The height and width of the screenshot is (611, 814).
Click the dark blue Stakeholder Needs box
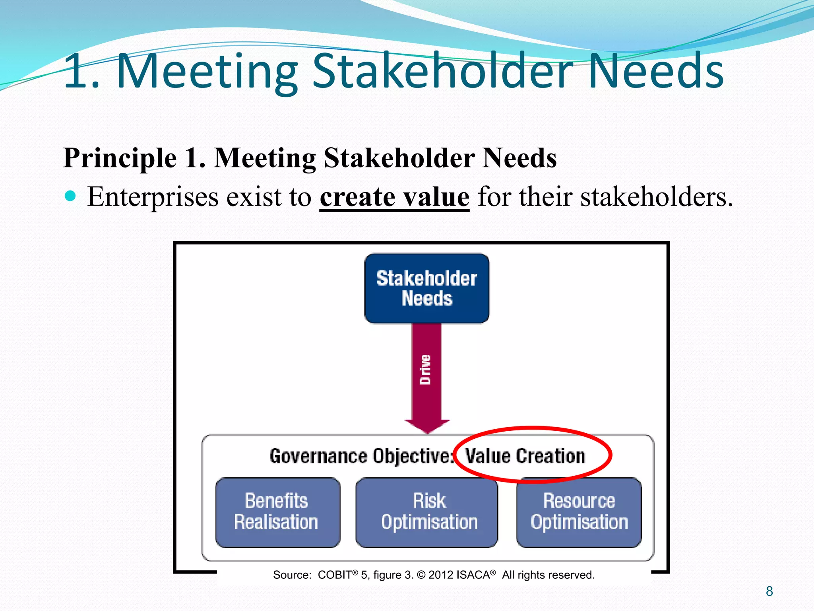(x=427, y=288)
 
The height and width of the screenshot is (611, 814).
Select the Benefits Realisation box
(x=277, y=512)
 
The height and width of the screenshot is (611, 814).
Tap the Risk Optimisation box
(x=427, y=512)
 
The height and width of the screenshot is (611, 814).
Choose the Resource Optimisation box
(x=579, y=512)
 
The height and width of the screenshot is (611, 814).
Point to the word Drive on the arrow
(x=425, y=370)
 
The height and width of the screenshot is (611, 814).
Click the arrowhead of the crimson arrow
(x=427, y=426)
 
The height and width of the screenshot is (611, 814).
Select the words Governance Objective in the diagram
(x=360, y=456)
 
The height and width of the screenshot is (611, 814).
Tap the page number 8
(x=769, y=591)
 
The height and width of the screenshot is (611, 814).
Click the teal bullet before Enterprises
(x=70, y=196)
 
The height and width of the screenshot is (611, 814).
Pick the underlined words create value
(x=394, y=197)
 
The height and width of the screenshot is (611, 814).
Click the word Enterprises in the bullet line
(x=153, y=197)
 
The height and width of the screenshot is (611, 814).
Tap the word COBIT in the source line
(x=335, y=575)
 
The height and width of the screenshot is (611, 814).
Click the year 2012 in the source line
(x=441, y=575)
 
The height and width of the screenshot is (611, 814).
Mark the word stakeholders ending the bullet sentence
(x=654, y=197)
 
